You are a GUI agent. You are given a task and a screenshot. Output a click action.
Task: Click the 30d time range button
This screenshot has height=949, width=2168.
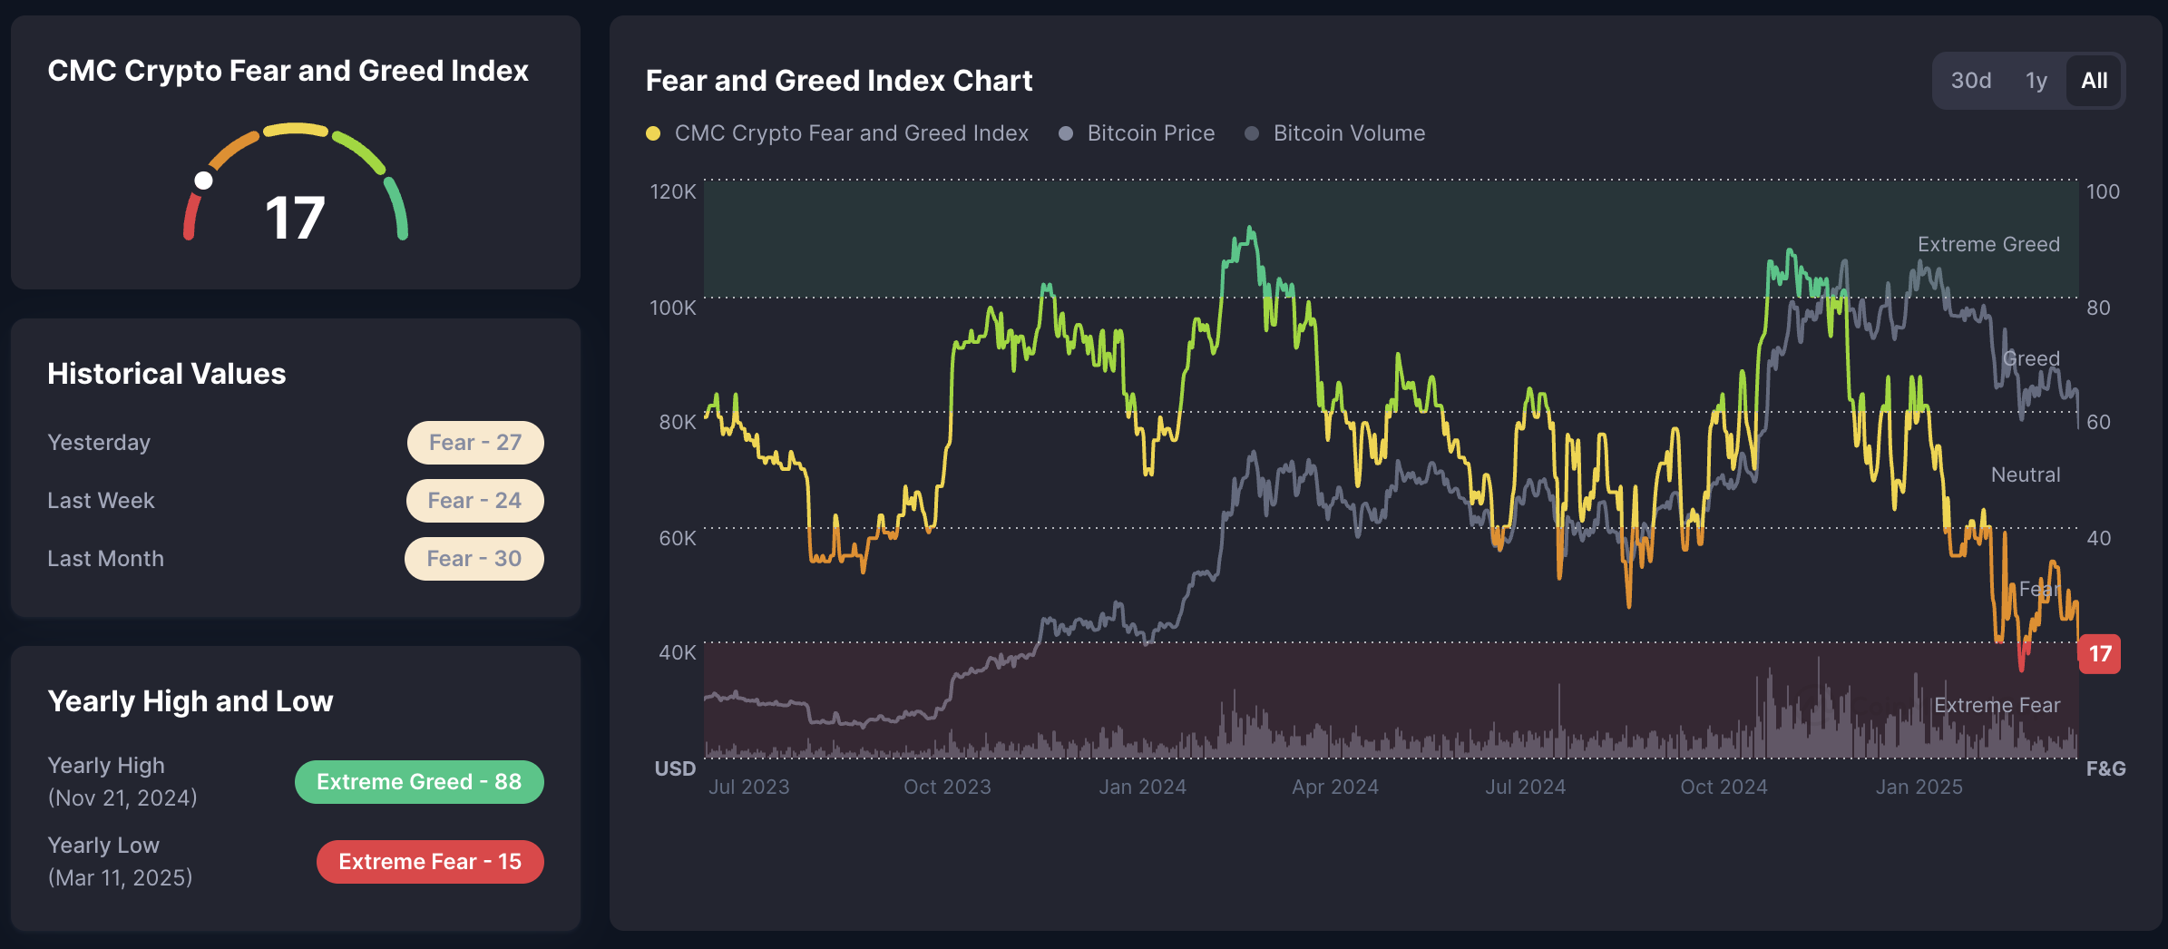pyautogui.click(x=1971, y=81)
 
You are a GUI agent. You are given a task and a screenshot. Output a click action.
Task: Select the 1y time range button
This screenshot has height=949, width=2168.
pyautogui.click(x=2036, y=81)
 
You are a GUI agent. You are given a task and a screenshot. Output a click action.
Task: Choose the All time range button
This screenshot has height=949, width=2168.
pyautogui.click(x=2094, y=81)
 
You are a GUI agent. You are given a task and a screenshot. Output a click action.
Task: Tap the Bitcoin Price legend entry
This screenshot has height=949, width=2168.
pyautogui.click(x=1150, y=133)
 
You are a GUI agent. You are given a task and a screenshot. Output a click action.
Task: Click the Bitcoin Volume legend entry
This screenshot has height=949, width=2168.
pyautogui.click(x=1348, y=133)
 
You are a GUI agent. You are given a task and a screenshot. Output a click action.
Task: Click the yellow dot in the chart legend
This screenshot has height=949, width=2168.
pyautogui.click(x=653, y=133)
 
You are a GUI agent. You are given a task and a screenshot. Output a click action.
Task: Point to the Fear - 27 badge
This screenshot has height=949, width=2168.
pyautogui.click(x=474, y=443)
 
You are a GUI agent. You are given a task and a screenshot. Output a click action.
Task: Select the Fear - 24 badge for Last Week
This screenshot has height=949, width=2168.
pyautogui.click(x=474, y=501)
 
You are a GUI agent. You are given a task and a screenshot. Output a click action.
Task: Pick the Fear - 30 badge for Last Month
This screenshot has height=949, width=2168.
pyautogui.click(x=474, y=559)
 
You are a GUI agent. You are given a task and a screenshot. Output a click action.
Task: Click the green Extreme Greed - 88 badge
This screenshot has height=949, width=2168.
pyautogui.click(x=419, y=782)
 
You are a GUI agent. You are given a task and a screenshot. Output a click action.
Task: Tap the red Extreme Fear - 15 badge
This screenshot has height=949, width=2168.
pyautogui.click(x=430, y=862)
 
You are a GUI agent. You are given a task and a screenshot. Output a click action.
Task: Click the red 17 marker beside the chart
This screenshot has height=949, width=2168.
pyautogui.click(x=2099, y=654)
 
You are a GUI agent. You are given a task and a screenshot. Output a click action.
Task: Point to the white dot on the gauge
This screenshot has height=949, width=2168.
pyautogui.click(x=204, y=181)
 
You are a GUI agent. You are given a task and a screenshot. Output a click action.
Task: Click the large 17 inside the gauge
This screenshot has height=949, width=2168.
pyautogui.click(x=295, y=219)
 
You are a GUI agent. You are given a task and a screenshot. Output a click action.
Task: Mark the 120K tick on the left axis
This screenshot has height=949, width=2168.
pyautogui.click(x=673, y=192)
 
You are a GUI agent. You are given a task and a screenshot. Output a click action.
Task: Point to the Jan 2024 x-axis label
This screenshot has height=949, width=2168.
pyautogui.click(x=1142, y=788)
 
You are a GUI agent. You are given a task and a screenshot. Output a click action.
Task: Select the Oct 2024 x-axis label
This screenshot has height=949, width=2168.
pyautogui.click(x=1724, y=788)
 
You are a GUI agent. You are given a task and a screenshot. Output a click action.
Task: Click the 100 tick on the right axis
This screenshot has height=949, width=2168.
pyautogui.click(x=2103, y=192)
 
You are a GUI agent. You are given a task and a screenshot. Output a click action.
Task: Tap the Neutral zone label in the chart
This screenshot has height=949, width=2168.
pyautogui.click(x=2025, y=475)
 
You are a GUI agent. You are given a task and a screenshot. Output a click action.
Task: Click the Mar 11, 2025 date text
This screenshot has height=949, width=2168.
pyautogui.click(x=121, y=878)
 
